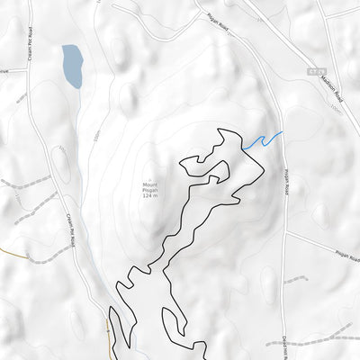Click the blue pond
72,67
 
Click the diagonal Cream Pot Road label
70,229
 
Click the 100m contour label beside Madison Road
335,106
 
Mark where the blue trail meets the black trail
242,148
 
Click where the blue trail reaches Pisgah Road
283,132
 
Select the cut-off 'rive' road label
4,68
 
